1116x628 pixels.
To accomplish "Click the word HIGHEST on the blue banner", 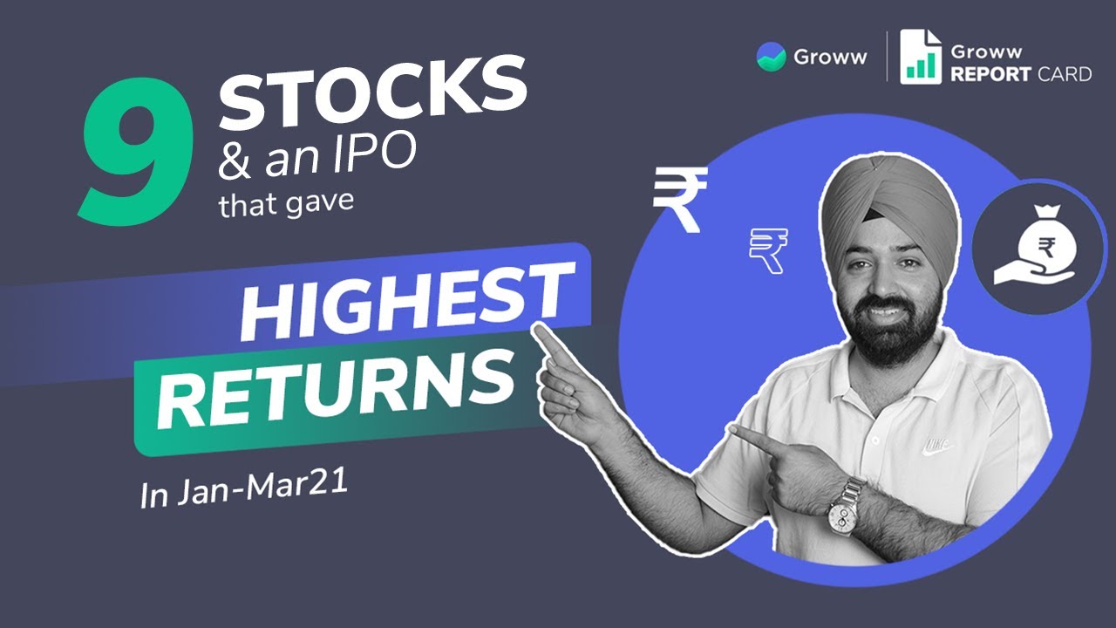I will pyautogui.click(x=408, y=302).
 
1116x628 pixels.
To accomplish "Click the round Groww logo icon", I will pyautogui.click(x=771, y=58).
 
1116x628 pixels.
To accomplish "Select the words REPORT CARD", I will pyautogui.click(x=1020, y=74).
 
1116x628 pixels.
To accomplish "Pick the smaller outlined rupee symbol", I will pyautogui.click(x=768, y=250).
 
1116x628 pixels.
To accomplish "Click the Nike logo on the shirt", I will pyautogui.click(x=938, y=446).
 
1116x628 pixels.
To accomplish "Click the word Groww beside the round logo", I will pyautogui.click(x=830, y=58).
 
